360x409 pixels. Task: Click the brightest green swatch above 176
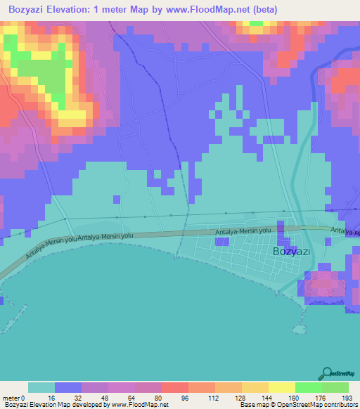tap(308, 387)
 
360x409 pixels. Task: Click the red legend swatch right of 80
tap(174, 387)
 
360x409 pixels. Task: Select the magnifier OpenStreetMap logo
tap(328, 373)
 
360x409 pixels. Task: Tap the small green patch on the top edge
tap(255, 22)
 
